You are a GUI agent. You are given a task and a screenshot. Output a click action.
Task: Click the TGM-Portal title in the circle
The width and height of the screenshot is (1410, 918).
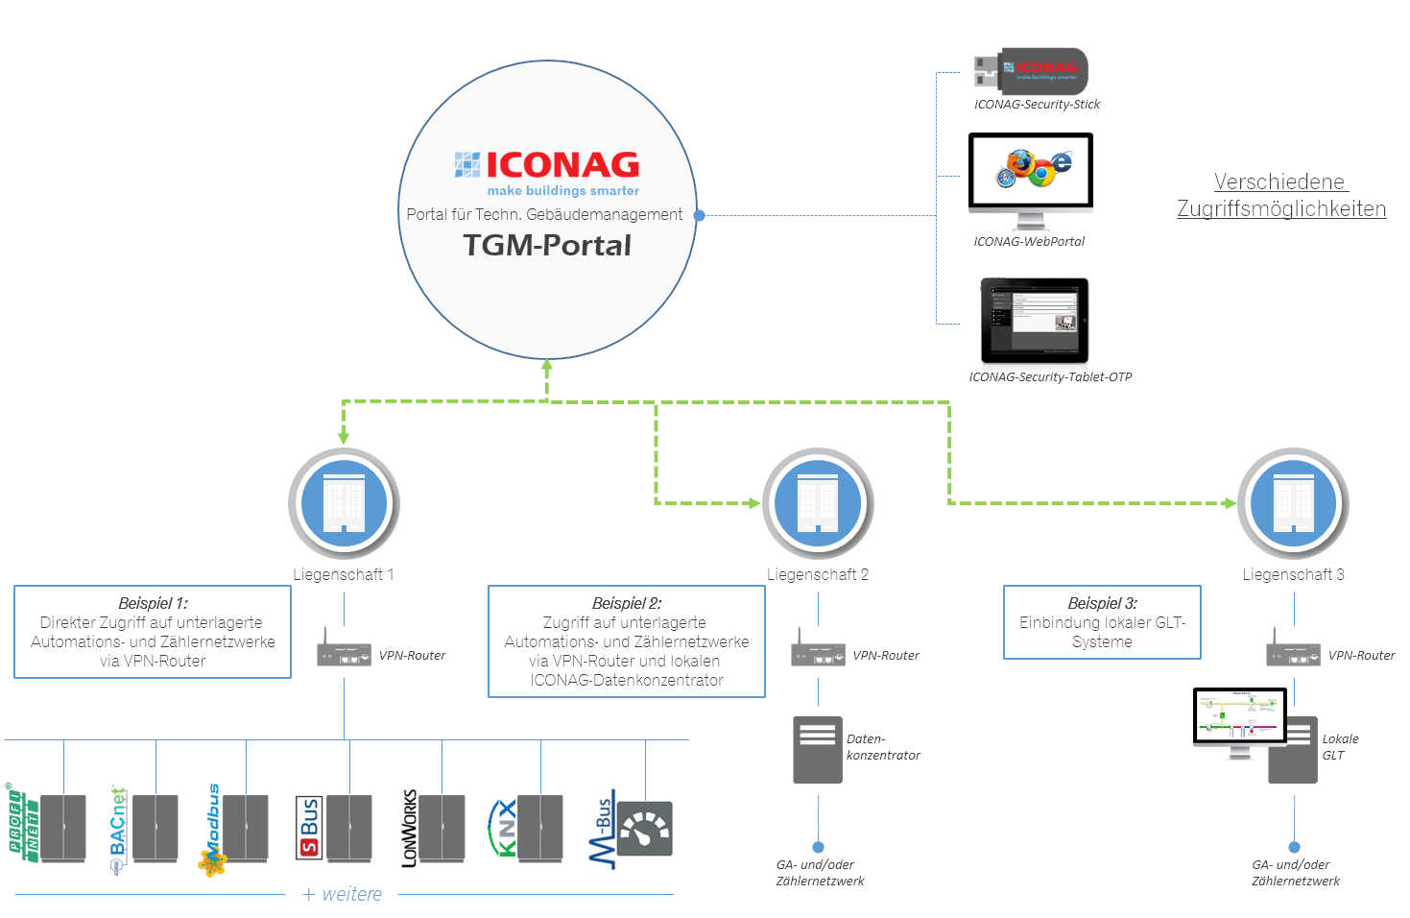click(x=547, y=246)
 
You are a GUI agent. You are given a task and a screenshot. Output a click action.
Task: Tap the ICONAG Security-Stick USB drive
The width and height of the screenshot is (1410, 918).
click(x=1031, y=70)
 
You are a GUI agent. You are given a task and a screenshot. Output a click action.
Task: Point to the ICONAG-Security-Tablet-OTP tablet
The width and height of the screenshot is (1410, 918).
click(x=1034, y=320)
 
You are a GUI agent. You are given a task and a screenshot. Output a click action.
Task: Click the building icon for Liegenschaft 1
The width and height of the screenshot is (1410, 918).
click(x=344, y=503)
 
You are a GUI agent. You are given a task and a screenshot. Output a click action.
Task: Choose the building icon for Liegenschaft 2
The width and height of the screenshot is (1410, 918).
click(x=818, y=503)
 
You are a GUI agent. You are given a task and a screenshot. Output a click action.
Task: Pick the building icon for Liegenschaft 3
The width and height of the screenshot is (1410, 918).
click(x=1293, y=503)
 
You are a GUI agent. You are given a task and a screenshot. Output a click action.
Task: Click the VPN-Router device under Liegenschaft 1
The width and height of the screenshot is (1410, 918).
click(x=344, y=653)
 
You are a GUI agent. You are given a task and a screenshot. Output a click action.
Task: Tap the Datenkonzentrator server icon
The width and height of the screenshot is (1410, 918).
click(x=817, y=749)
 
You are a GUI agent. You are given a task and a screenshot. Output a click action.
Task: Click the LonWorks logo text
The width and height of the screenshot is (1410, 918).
click(x=410, y=828)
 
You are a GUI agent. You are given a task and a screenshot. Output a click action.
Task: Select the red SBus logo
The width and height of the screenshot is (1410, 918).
click(x=308, y=828)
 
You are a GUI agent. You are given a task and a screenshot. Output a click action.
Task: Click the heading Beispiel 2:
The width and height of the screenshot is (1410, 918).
click(x=626, y=603)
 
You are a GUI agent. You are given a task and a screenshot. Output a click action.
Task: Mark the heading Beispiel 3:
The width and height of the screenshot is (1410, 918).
click(x=1102, y=603)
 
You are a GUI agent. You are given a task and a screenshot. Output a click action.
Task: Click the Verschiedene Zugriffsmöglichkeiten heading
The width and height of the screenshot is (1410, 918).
click(x=1280, y=195)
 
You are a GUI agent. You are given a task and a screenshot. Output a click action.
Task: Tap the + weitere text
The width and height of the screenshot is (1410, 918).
click(x=342, y=894)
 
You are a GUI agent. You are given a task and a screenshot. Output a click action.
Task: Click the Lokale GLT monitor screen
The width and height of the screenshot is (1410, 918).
click(x=1239, y=715)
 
